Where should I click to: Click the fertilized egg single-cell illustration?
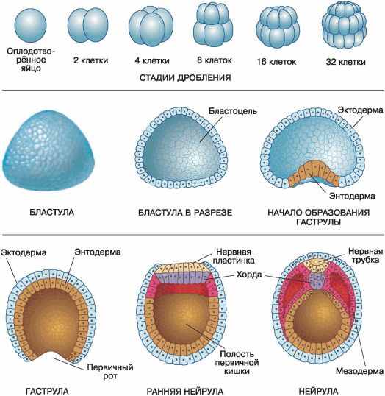click(x=31, y=26)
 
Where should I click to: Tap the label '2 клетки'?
click(x=91, y=60)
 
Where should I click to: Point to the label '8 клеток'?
click(x=215, y=60)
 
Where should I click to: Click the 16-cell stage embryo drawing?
click(x=278, y=27)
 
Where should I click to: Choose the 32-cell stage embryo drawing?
click(x=344, y=26)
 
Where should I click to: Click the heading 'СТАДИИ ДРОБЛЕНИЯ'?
click(x=185, y=78)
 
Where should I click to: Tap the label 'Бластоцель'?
click(x=233, y=111)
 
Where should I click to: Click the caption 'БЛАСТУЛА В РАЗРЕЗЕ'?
click(x=185, y=213)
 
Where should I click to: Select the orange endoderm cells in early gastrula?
click(x=314, y=172)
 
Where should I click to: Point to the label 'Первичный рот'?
click(x=110, y=372)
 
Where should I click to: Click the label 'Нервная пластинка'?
click(x=234, y=256)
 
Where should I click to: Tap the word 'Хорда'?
click(x=249, y=275)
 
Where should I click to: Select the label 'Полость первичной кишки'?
click(x=237, y=363)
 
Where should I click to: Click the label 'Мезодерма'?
click(x=359, y=371)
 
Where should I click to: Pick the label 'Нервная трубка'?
click(x=366, y=255)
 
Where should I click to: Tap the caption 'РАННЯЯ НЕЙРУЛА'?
click(x=185, y=391)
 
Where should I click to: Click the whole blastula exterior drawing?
click(x=48, y=151)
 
